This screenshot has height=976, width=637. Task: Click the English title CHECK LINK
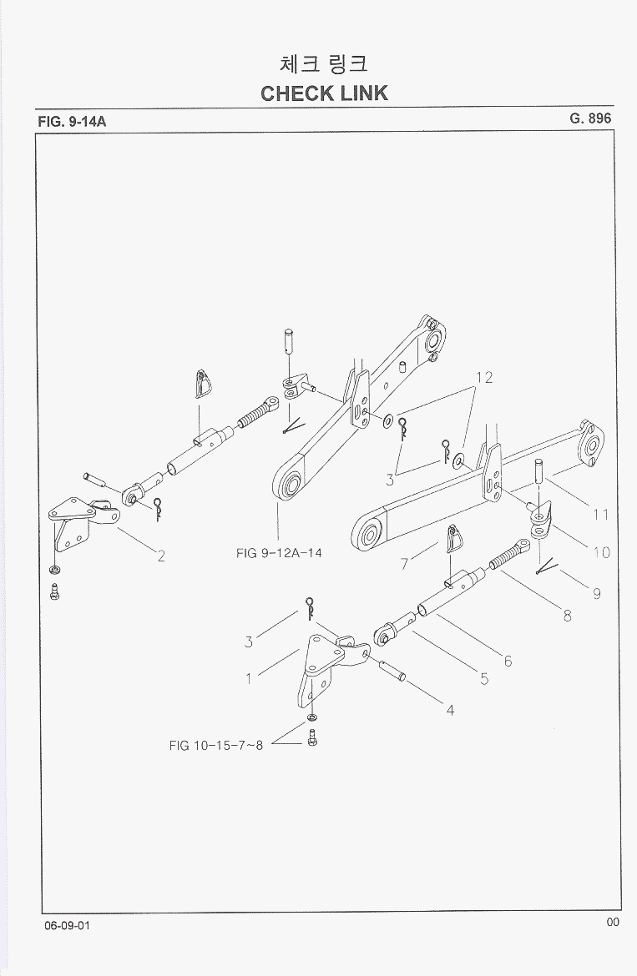(x=324, y=93)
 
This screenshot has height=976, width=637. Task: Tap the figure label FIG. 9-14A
(x=73, y=122)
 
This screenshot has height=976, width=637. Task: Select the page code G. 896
(x=590, y=118)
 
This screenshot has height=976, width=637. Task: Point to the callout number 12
(x=484, y=377)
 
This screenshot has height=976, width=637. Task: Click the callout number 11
(x=601, y=515)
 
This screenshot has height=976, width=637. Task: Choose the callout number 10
(x=601, y=551)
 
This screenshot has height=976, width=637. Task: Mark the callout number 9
(x=597, y=594)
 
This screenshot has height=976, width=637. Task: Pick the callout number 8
(x=567, y=617)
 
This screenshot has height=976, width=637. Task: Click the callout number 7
(x=404, y=564)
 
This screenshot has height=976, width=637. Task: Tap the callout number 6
(x=508, y=662)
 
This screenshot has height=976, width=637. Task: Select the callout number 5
(x=484, y=679)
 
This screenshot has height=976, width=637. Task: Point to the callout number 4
(x=450, y=711)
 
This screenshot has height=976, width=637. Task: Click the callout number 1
(x=249, y=678)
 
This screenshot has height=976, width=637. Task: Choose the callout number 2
(x=160, y=556)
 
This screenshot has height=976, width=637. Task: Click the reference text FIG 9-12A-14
(x=279, y=552)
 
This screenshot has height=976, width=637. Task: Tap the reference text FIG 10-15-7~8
(x=215, y=745)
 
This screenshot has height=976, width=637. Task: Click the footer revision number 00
(x=613, y=922)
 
